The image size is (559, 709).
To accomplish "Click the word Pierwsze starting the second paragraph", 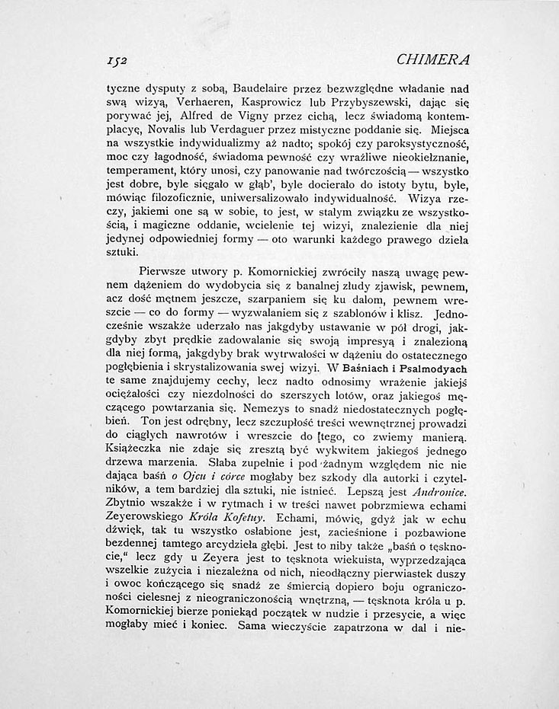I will click(x=165, y=270).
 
